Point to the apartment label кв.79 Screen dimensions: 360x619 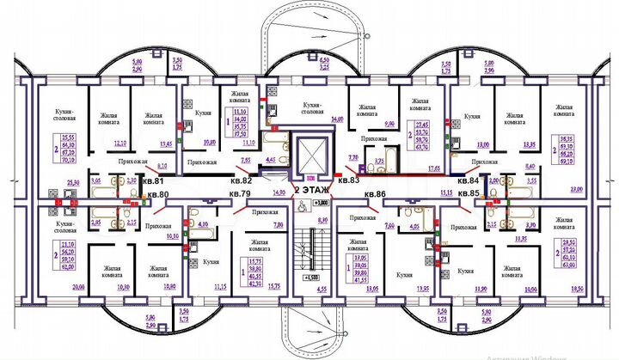240,195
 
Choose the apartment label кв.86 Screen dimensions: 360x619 376,195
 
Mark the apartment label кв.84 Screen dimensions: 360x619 468,181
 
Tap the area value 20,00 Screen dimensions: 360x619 55,285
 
